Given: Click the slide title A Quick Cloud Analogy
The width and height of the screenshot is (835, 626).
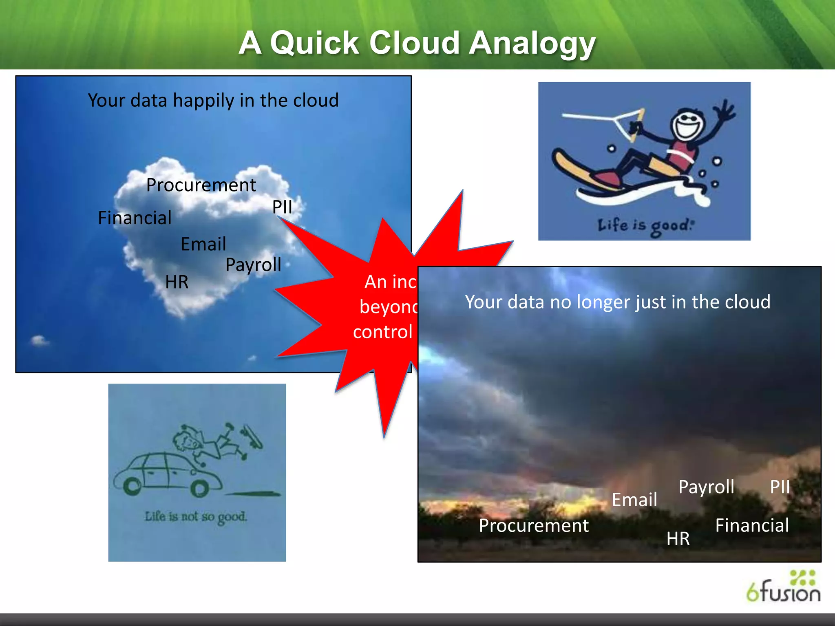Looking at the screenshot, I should pos(417,43).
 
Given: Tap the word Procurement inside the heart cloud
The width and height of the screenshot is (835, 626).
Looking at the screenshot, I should pos(201,185).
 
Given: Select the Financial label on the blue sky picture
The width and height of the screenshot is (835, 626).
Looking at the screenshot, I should pos(135,218).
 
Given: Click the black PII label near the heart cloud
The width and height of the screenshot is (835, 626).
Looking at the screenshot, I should pos(282,207).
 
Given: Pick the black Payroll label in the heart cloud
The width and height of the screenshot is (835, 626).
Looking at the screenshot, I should pos(253,265).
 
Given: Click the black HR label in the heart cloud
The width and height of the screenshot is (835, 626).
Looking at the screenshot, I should pos(177,282).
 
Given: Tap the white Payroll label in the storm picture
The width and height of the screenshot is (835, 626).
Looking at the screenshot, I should pos(706,487).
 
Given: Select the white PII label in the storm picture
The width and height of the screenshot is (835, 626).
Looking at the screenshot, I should pos(780,487).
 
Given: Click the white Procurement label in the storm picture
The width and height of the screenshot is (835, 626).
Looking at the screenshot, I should pos(533,526).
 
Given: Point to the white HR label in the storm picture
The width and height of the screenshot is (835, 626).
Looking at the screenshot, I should pos(678,539).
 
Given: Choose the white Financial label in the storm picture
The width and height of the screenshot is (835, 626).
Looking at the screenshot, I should pos(752,526).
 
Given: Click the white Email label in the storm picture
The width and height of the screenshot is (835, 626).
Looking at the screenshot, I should pos(634,500).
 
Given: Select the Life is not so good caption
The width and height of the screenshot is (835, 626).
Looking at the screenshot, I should pos(196,517).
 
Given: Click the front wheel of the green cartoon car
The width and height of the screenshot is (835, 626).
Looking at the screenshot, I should pos(132,486).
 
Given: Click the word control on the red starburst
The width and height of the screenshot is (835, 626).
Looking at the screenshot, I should pos(382,332).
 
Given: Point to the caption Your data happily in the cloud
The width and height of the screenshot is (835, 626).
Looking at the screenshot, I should pos(213,101).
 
